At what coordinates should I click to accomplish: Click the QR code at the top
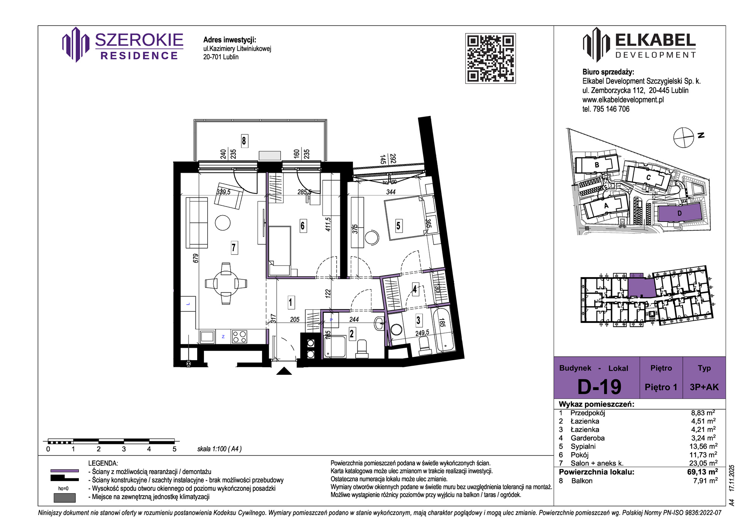[490, 58]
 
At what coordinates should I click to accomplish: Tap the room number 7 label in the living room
[234, 248]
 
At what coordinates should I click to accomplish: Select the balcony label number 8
[244, 141]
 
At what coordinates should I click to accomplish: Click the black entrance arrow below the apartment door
[284, 371]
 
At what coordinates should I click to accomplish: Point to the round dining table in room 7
[226, 283]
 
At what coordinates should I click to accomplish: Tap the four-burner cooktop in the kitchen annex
[239, 336]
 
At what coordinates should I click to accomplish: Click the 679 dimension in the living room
[195, 258]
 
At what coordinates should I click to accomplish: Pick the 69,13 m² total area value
[703, 472]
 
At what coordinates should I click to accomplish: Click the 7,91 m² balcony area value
[706, 481]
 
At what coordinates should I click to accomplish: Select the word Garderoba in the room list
[588, 438]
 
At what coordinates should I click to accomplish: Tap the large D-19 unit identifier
[599, 387]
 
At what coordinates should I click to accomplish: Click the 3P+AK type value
[704, 387]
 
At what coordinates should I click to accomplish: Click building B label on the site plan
[597, 165]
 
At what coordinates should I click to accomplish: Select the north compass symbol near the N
[683, 137]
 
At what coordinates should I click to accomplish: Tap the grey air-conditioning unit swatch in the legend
[65, 498]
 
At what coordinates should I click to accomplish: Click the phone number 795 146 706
[611, 109]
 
